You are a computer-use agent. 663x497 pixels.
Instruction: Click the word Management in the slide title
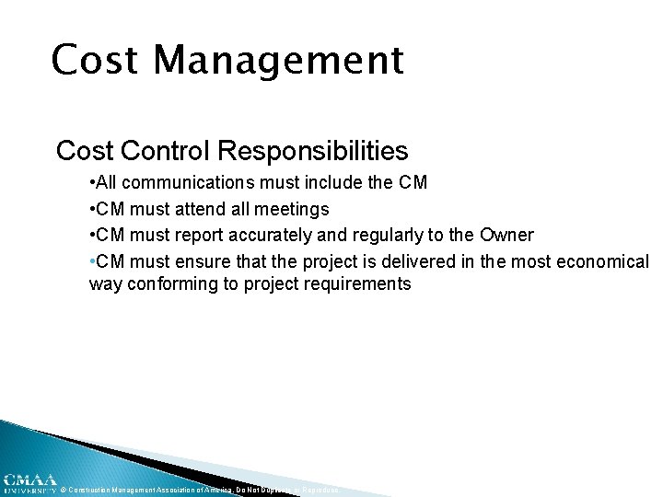(x=278, y=61)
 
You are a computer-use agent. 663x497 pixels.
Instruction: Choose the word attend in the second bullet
(x=202, y=209)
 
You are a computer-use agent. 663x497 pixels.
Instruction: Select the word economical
(x=602, y=260)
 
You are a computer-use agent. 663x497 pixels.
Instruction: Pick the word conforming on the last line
(x=170, y=283)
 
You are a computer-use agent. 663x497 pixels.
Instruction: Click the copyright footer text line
(x=199, y=490)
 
